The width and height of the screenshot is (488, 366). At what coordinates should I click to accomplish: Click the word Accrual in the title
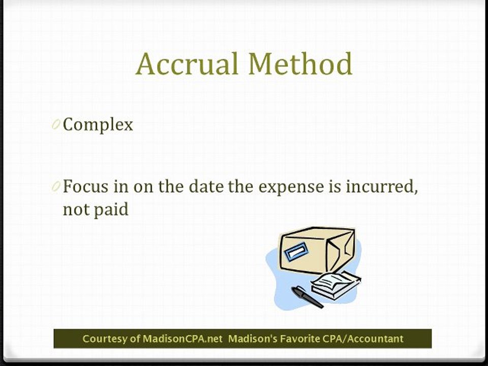click(187, 65)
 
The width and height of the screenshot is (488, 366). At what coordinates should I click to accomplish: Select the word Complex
click(98, 125)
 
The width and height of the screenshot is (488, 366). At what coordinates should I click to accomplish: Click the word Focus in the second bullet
click(85, 187)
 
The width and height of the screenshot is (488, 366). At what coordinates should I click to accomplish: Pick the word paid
click(111, 209)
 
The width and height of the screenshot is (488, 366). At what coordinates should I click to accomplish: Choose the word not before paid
click(76, 209)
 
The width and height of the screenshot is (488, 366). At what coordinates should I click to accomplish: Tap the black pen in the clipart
click(307, 297)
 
